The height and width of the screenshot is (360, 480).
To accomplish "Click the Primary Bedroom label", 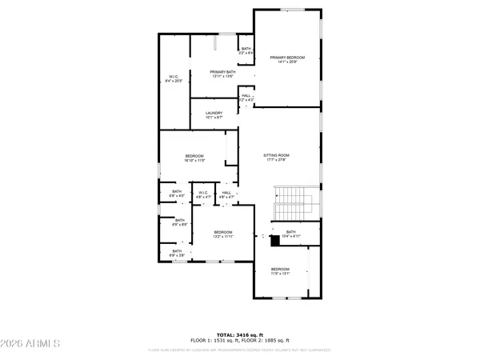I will (x=289, y=60).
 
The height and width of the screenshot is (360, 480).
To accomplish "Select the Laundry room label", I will (x=214, y=115).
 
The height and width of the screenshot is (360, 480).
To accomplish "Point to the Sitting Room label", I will (x=276, y=158).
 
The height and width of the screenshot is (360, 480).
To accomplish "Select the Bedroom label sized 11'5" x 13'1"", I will (x=279, y=271).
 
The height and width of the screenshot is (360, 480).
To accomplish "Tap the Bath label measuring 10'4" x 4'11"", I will (x=290, y=234).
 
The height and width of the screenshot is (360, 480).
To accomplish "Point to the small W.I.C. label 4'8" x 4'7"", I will (x=203, y=194).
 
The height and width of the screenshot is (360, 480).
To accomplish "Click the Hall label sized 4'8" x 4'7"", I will (x=226, y=194).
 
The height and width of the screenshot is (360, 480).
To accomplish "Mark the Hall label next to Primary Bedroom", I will (x=246, y=98).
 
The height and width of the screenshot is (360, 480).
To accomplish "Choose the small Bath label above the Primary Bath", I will (x=246, y=51).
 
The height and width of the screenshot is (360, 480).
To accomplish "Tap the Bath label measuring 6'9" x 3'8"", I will (x=177, y=254).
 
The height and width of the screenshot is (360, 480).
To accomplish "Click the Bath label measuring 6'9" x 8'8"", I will (x=179, y=222).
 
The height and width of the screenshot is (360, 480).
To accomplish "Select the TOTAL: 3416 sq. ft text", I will (x=239, y=334).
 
